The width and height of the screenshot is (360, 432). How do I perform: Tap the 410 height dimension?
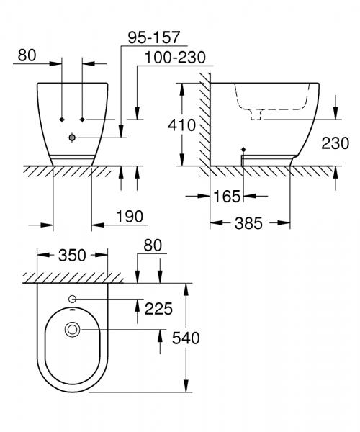(x=184, y=126)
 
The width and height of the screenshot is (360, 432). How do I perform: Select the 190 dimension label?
(x=129, y=217)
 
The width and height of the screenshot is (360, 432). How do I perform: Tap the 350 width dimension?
(x=72, y=255)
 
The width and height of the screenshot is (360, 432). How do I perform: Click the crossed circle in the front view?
(x=73, y=137)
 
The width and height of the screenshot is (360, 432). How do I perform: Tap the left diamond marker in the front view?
(x=63, y=118)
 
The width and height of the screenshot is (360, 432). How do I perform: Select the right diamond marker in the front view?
(x=84, y=118)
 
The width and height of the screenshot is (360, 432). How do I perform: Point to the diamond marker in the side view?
(x=243, y=150)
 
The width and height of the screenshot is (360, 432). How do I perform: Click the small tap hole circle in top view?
(x=72, y=300)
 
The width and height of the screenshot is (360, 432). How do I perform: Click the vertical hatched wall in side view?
(x=204, y=122)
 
